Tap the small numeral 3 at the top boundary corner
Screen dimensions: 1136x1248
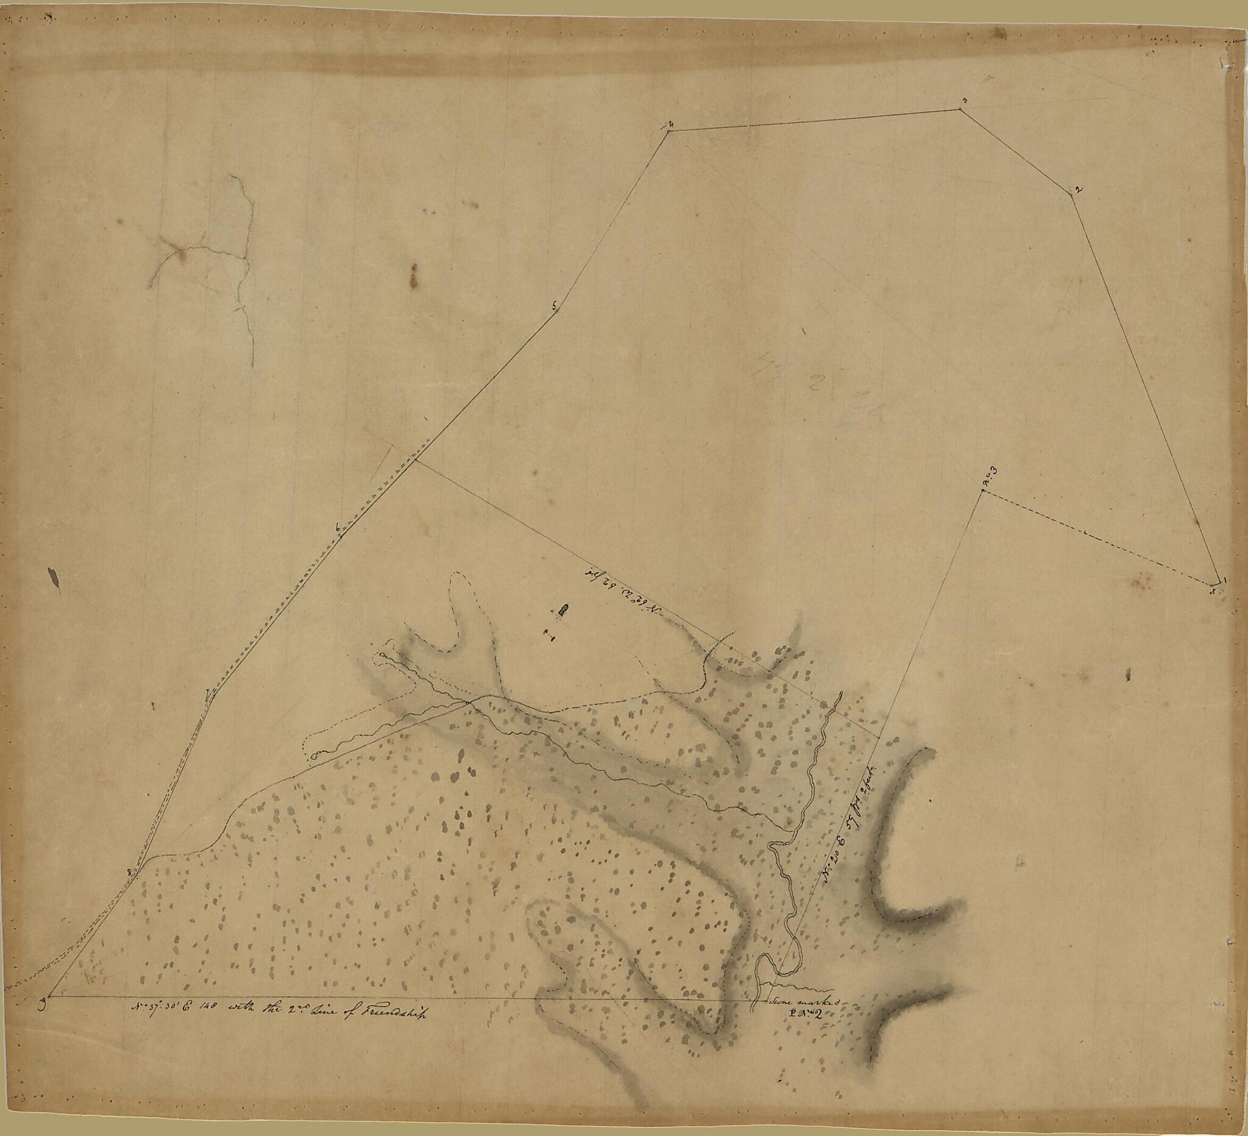[964, 101]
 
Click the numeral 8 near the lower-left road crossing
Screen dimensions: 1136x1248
[129, 872]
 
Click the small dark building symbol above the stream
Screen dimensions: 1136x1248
[562, 611]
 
